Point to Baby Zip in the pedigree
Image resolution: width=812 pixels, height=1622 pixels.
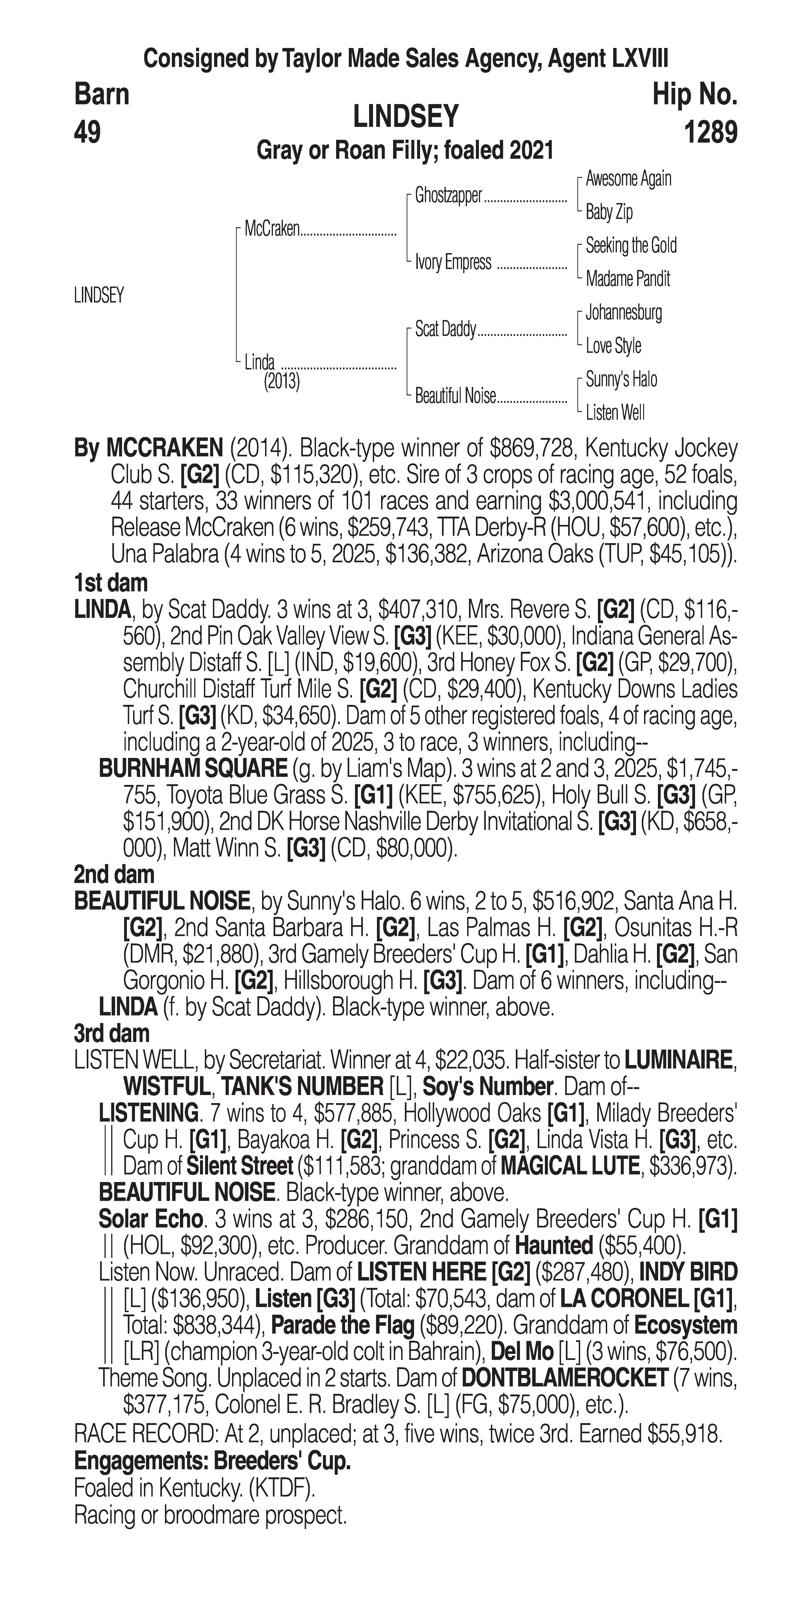point(609,212)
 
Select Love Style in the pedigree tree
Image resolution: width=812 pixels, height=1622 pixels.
point(613,346)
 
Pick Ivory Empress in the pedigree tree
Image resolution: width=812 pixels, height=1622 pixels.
point(453,262)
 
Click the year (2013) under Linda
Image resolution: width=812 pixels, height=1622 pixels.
point(281,382)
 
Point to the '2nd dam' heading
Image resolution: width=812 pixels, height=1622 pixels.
point(114,875)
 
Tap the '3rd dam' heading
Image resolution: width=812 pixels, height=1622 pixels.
point(112,1034)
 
